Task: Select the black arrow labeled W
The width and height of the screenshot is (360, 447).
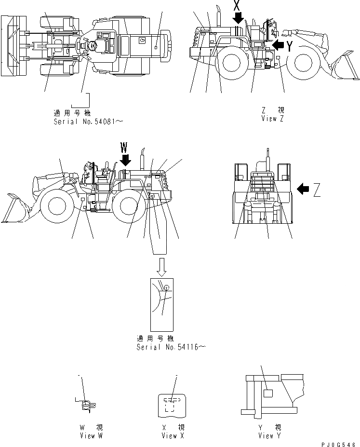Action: point(125,158)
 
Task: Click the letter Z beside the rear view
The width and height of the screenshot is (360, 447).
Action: point(317,191)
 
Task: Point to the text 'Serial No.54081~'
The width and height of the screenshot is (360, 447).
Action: point(88,122)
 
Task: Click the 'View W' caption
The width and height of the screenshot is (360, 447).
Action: point(92,435)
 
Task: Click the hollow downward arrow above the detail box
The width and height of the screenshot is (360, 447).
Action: point(161,267)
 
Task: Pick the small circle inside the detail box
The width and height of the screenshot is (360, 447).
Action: point(166,288)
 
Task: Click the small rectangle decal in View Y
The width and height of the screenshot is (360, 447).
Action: point(268,393)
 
